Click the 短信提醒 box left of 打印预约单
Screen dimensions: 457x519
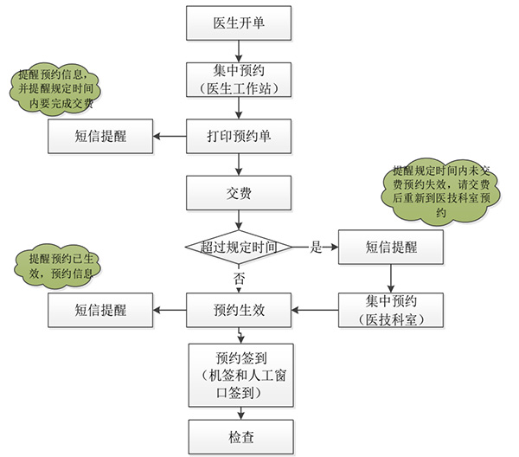coord(100,136)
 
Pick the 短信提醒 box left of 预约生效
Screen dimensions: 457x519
coord(100,309)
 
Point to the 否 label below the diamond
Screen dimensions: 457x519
coord(237,277)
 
